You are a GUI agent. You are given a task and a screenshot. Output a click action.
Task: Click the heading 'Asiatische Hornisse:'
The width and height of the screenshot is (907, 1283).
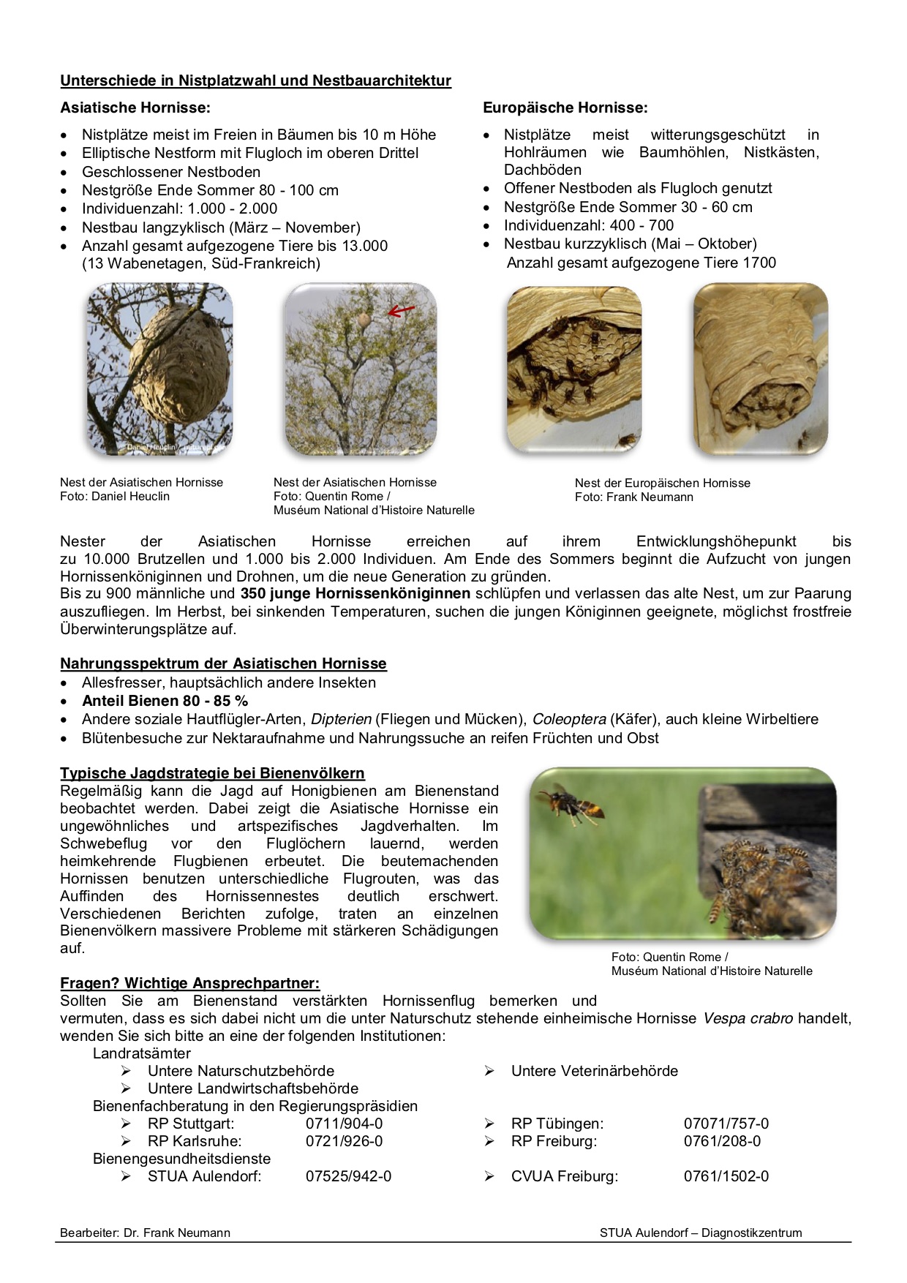click(135, 108)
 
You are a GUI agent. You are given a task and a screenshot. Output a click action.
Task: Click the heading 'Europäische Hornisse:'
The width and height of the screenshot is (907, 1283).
click(565, 108)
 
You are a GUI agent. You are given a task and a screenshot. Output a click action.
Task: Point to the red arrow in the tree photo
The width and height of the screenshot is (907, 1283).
click(401, 311)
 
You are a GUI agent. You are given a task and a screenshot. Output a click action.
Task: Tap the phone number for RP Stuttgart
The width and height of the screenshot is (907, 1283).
click(344, 1124)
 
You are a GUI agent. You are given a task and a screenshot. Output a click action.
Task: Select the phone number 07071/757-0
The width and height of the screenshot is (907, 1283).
click(726, 1124)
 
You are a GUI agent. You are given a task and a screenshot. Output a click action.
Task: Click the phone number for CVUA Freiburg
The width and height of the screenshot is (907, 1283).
click(726, 1176)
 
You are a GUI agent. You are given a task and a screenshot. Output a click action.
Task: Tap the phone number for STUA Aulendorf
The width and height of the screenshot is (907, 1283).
click(348, 1176)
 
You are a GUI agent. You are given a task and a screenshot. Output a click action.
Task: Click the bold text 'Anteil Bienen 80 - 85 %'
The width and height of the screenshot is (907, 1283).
click(165, 701)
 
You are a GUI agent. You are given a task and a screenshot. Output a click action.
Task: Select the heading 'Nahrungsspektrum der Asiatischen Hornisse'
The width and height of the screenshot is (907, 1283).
click(223, 663)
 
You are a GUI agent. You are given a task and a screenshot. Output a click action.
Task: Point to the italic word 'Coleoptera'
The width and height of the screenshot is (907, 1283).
click(568, 719)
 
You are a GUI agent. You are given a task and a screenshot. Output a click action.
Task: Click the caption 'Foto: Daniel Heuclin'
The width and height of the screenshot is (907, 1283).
click(115, 496)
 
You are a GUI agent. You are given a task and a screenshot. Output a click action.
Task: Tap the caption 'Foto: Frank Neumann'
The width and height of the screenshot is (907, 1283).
click(633, 497)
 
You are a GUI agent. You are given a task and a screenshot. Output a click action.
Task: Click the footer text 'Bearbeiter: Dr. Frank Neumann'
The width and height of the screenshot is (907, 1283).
click(145, 1233)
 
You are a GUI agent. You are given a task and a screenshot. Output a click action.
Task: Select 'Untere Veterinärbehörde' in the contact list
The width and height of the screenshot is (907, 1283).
click(594, 1071)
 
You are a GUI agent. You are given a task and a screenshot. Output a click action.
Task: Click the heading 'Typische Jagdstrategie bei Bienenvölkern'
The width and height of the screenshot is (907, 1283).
click(212, 773)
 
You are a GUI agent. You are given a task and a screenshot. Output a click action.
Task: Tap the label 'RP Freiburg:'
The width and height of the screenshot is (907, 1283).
click(554, 1141)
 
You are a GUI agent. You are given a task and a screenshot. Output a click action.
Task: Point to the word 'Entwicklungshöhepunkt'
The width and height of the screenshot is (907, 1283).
click(715, 541)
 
